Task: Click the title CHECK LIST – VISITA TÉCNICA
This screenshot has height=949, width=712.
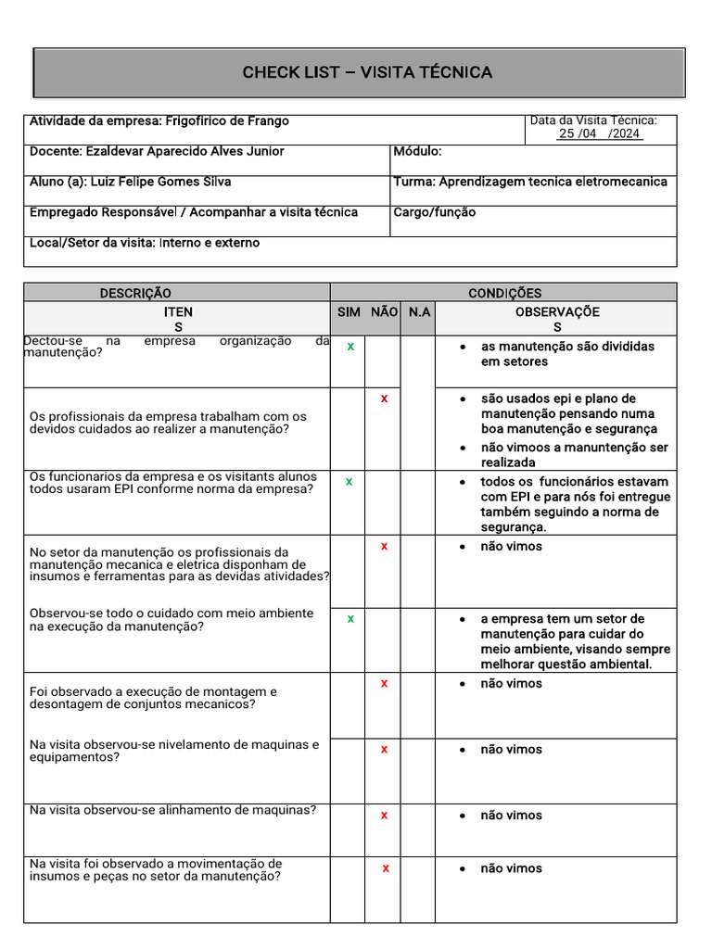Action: (x=367, y=72)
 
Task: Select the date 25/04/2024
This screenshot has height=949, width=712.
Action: (x=599, y=133)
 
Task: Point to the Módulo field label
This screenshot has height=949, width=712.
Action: (x=417, y=151)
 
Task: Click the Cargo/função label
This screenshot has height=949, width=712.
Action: (x=434, y=212)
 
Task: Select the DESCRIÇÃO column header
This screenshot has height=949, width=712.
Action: (x=135, y=293)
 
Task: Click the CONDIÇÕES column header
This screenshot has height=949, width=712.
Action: (x=504, y=293)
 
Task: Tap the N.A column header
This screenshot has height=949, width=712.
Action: (x=419, y=312)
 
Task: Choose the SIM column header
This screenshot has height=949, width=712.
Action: (x=349, y=312)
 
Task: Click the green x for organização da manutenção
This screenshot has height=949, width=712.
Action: (x=350, y=346)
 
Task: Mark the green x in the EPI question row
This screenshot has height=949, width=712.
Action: (x=350, y=481)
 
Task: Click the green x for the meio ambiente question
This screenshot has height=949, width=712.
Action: (x=350, y=618)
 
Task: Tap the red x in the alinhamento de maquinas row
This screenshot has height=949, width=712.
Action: (x=384, y=815)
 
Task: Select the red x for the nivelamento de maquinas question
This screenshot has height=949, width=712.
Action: (x=384, y=749)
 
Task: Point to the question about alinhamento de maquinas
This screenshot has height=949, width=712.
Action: (x=172, y=810)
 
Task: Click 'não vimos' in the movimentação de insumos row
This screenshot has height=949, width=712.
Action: (x=511, y=868)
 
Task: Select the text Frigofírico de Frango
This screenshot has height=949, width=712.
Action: (x=227, y=121)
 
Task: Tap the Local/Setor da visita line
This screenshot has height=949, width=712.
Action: (x=145, y=243)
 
